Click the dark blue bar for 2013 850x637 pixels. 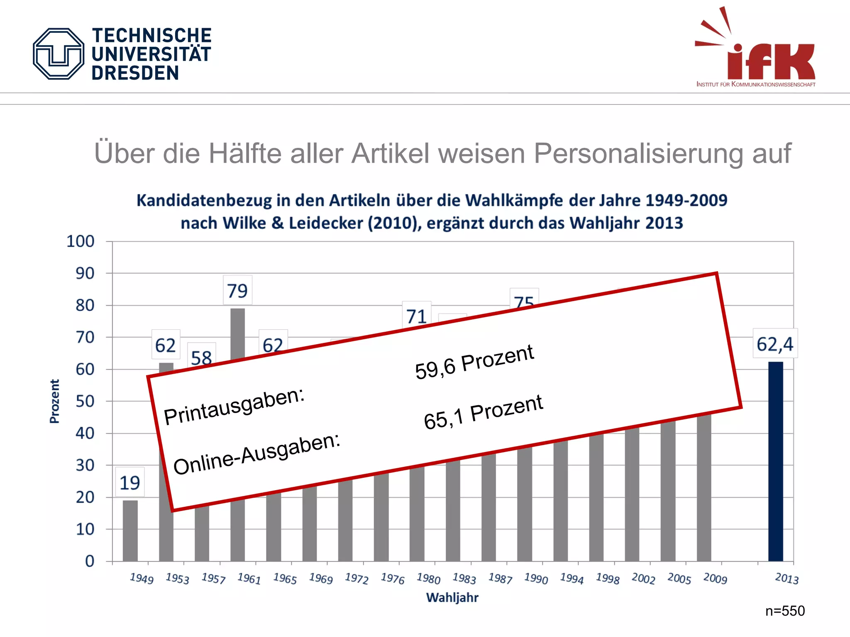click(x=775, y=461)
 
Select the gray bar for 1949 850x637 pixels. click(x=130, y=531)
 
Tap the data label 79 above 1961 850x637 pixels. click(x=237, y=291)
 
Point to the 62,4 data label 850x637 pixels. click(x=775, y=344)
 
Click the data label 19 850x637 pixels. click(x=130, y=483)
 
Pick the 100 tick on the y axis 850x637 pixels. click(x=81, y=241)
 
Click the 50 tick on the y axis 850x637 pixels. click(x=85, y=401)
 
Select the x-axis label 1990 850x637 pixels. click(x=536, y=578)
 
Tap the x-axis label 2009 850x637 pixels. click(x=715, y=578)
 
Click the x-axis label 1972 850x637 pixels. click(x=357, y=578)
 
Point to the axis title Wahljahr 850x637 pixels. click(x=452, y=598)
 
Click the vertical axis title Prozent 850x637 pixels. click(x=55, y=401)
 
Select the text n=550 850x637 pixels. click(x=785, y=611)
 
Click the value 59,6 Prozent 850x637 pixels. click(x=474, y=362)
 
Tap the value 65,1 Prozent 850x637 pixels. click(x=483, y=412)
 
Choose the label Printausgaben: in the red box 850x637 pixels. click(x=234, y=406)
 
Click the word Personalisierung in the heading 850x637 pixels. click(x=639, y=153)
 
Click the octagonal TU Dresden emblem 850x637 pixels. click(x=59, y=54)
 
